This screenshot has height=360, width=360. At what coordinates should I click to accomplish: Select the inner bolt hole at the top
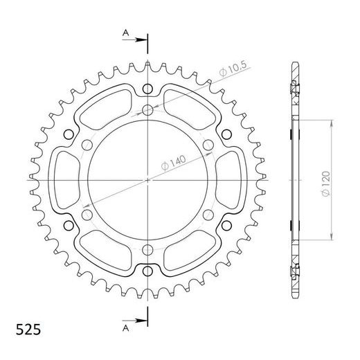[x=148, y=109]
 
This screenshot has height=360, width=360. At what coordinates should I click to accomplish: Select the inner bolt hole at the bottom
[x=148, y=250]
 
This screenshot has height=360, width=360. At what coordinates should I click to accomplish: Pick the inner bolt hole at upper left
[x=87, y=145]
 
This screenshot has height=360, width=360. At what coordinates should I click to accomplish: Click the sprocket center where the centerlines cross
[x=148, y=180]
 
